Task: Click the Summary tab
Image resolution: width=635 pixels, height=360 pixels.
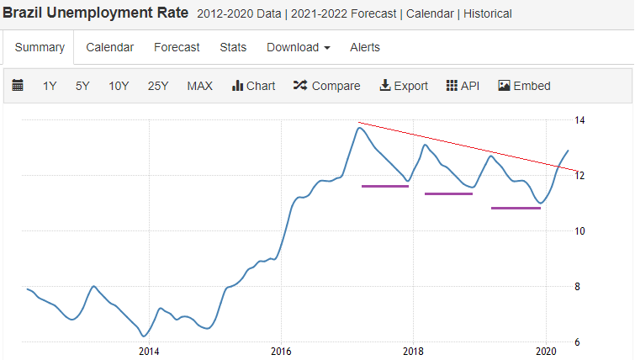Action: [x=40, y=47]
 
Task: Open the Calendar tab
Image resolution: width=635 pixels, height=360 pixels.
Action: [x=109, y=47]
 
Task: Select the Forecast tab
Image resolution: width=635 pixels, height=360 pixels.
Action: [x=177, y=47]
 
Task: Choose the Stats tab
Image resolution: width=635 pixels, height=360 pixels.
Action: [x=233, y=47]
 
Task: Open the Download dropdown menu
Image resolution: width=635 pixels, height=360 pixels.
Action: [x=299, y=47]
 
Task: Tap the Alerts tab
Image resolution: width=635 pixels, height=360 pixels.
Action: [x=365, y=47]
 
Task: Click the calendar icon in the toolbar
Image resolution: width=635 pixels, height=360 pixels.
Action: [x=18, y=86]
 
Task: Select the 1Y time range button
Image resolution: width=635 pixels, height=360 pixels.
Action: [x=50, y=86]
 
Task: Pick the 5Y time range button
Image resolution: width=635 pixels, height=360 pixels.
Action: [x=82, y=86]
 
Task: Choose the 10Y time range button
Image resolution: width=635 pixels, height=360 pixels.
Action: [x=119, y=86]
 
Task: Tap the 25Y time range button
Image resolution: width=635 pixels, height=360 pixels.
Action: [x=158, y=86]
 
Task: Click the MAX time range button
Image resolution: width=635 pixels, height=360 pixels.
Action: [x=199, y=86]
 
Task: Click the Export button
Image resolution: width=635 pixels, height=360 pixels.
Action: [x=404, y=86]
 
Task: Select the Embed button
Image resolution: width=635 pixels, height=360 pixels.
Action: [x=524, y=86]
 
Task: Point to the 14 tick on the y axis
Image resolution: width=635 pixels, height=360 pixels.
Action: [x=579, y=120]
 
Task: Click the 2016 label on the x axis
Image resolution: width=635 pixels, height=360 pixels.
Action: [x=281, y=351]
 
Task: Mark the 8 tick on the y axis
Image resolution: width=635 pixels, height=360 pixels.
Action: [x=577, y=287]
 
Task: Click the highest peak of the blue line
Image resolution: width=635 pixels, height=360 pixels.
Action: [x=359, y=128]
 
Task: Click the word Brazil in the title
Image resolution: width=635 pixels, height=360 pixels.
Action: [x=22, y=13]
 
